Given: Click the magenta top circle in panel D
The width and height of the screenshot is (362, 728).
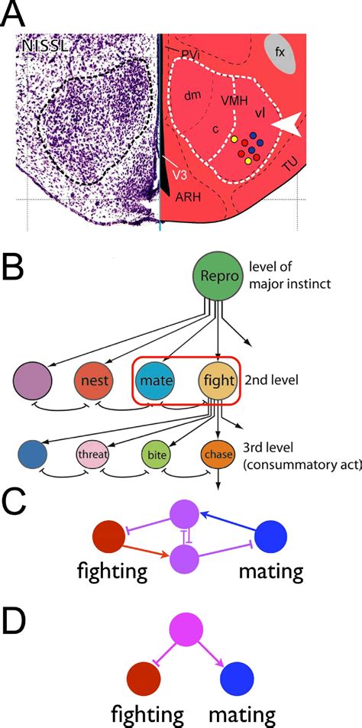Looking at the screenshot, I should pos(186,633).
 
